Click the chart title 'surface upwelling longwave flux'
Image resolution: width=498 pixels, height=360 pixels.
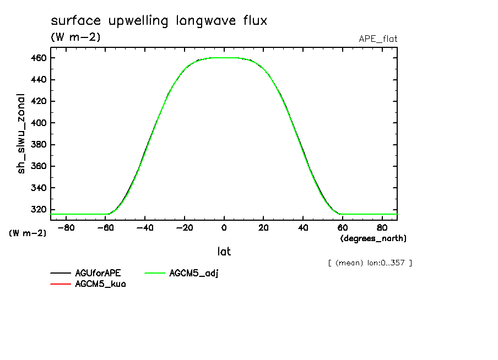point(159,21)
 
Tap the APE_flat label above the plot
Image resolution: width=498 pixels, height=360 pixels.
point(378,39)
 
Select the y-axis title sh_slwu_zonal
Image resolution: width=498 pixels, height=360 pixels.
point(21,133)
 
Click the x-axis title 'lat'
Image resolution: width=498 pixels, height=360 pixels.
point(224,252)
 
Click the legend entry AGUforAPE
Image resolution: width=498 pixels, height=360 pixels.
point(98,273)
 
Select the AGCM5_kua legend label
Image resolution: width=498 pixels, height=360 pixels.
point(100,284)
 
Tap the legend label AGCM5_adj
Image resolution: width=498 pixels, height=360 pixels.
point(194,273)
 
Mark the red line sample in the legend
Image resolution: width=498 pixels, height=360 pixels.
point(61,284)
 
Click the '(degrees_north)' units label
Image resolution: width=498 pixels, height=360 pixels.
point(373,238)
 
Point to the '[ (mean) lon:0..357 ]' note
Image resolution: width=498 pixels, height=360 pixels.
point(370,263)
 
